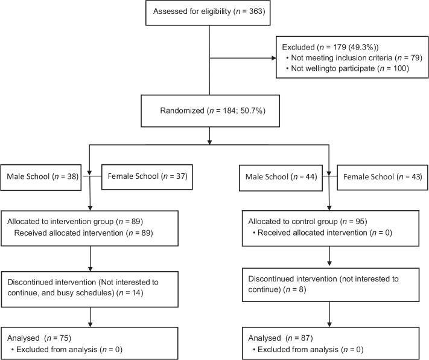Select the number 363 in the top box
pos(256,11)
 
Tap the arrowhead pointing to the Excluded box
pos(273,58)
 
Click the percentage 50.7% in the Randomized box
pos(252,111)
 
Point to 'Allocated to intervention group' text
pos(60,221)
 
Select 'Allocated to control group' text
pos(293,221)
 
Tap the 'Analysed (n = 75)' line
pos(39,338)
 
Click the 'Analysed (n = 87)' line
pos(281,338)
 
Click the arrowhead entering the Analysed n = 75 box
pos(90,324)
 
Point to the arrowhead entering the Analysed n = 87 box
pos(329,324)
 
